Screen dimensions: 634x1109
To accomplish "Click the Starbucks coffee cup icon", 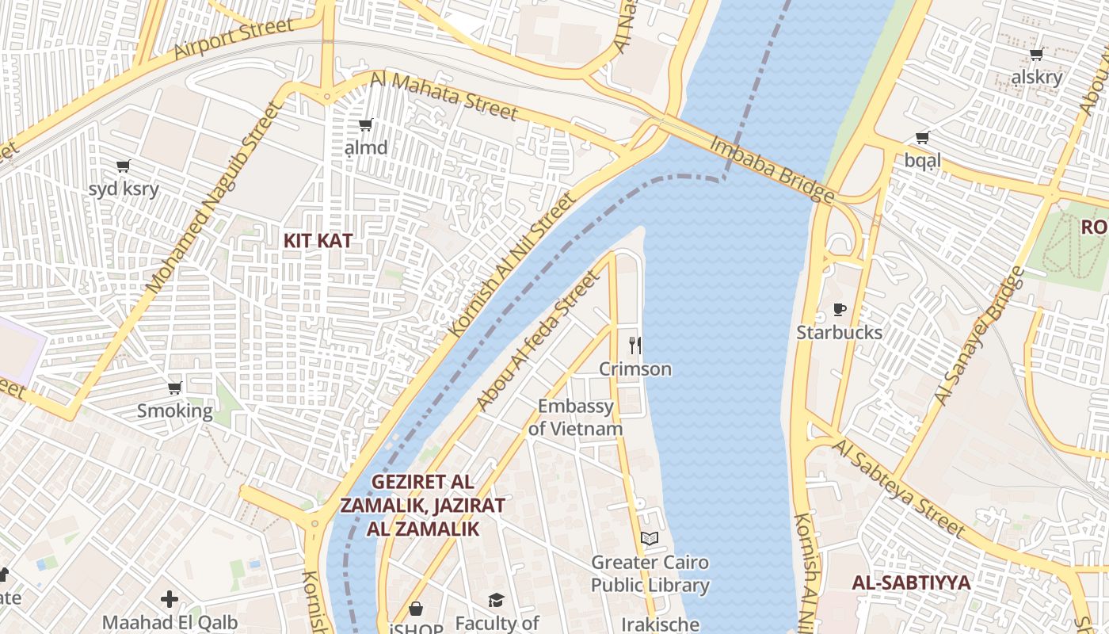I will click(x=840, y=309).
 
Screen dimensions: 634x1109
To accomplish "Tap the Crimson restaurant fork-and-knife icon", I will click(x=635, y=345).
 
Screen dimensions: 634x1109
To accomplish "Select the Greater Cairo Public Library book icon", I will click(x=650, y=539).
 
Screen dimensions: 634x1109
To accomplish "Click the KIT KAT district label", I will click(x=318, y=241).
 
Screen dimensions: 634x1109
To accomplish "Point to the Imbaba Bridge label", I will click(x=771, y=170).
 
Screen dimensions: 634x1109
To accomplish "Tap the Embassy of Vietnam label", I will click(x=575, y=418).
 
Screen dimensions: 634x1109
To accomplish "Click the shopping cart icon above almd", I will click(x=366, y=124).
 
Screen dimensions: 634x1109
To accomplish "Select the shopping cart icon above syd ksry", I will click(x=123, y=166).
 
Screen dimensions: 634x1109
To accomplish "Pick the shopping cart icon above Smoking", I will click(x=175, y=388).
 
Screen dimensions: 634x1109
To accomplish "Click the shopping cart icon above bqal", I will click(x=923, y=137).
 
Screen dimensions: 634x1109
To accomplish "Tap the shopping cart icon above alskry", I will click(x=1036, y=54).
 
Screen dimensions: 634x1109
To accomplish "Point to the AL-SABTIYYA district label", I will click(x=911, y=582).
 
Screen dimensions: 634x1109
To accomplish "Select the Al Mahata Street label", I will click(x=444, y=95).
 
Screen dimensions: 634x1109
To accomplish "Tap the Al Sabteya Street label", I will click(x=899, y=489).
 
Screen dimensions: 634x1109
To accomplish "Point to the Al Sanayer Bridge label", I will click(x=981, y=336).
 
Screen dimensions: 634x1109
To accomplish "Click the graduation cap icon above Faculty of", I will click(x=496, y=600).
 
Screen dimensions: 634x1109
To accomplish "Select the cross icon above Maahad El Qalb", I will click(x=170, y=599).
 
